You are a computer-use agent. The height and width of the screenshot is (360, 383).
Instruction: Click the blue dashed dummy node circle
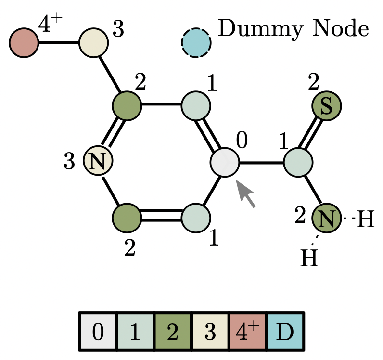(x=196, y=43)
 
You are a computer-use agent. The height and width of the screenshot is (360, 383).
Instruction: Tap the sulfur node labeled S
(x=326, y=106)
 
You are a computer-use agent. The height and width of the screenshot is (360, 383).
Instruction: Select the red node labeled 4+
(x=24, y=43)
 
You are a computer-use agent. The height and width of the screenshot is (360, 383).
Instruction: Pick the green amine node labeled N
(x=327, y=219)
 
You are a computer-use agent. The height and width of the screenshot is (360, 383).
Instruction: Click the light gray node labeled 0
(x=225, y=163)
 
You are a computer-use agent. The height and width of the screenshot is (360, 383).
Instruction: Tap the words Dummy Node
(x=294, y=30)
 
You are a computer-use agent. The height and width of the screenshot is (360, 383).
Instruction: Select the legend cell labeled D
(x=285, y=332)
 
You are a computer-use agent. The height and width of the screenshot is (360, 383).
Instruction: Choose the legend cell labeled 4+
(x=248, y=332)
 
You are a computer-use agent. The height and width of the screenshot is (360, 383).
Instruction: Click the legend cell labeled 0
(x=98, y=332)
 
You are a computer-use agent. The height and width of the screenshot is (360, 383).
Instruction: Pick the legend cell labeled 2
(x=173, y=332)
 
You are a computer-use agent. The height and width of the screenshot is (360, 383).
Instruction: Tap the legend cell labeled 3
(x=210, y=332)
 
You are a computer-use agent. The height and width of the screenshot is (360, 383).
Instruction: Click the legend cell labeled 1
(x=136, y=332)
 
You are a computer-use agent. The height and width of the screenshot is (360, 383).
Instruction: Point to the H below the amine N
(x=309, y=258)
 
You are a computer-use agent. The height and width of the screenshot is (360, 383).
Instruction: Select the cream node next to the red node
(x=94, y=42)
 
